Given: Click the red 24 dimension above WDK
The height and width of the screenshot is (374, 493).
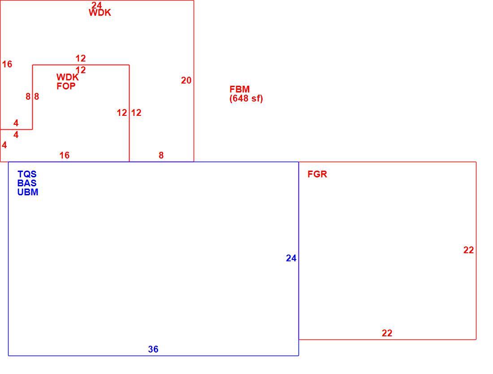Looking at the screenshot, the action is click(96, 5).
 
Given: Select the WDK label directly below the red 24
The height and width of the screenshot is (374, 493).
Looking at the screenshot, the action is click(99, 13).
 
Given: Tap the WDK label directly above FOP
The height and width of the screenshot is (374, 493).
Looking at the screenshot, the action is click(67, 77).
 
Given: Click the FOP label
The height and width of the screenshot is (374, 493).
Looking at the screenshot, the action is click(66, 86).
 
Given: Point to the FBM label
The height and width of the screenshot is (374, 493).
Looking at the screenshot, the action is click(240, 89).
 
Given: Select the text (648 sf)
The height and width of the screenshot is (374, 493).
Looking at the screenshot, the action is click(246, 98).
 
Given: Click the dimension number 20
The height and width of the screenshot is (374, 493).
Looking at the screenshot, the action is click(186, 80).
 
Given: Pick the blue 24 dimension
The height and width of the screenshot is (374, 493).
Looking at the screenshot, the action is click(291, 258).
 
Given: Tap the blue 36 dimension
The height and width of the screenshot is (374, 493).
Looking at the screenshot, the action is click(153, 349).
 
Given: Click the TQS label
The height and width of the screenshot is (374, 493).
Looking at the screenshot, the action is click(27, 174).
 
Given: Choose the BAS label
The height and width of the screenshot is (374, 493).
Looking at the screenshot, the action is click(27, 183).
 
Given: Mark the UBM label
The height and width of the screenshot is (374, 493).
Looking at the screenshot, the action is click(28, 192).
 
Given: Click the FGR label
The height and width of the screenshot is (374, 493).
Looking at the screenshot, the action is click(317, 174).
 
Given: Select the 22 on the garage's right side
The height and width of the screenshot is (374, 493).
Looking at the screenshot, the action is click(468, 250).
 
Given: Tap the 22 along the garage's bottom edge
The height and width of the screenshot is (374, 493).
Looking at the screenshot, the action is click(387, 333).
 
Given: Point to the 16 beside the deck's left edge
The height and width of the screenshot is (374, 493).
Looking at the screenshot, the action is click(7, 64).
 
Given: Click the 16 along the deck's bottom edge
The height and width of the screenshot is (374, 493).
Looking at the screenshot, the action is click(65, 155).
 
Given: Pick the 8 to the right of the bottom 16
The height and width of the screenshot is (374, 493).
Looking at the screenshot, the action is click(161, 155).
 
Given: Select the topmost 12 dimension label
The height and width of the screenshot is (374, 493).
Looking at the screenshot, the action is click(81, 58).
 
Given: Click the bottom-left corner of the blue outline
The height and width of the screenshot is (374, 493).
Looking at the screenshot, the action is click(8, 356).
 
